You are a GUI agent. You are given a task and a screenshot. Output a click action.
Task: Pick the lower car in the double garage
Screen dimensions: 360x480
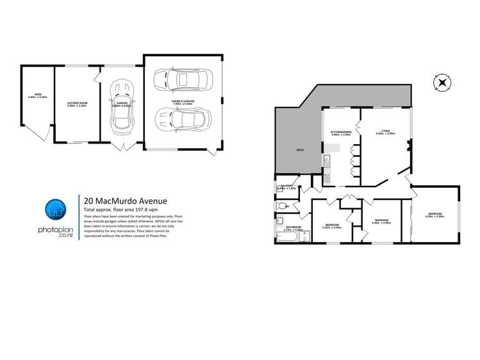tap(183, 119)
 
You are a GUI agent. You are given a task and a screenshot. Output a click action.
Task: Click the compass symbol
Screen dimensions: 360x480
tap(442, 83)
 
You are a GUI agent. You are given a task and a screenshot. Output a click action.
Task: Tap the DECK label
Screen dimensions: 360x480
tap(299, 150)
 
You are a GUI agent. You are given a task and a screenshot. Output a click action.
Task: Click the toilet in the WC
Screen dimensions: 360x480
tap(282, 206)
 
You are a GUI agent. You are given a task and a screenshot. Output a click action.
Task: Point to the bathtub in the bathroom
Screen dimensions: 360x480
tap(285, 238)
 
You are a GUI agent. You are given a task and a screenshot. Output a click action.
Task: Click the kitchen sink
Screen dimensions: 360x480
tap(326, 159)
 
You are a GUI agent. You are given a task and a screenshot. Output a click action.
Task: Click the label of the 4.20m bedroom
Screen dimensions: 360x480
tap(434, 216)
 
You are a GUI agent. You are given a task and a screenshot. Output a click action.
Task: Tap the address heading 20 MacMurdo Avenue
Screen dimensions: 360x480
tap(122, 200)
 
